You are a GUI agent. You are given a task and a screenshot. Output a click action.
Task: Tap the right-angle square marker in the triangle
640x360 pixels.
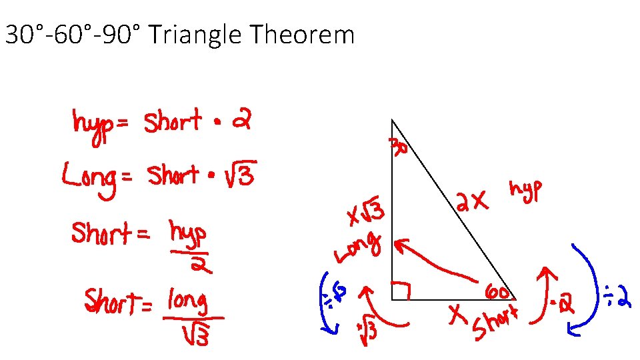pos(400,291)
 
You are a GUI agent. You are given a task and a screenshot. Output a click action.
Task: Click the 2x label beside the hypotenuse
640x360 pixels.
pos(473,200)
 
